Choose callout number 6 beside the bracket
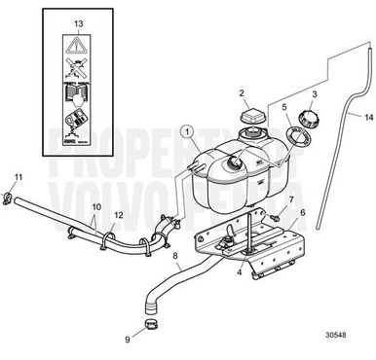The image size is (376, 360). [301, 212]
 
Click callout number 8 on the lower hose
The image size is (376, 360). [175, 259]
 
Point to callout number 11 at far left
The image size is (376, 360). [18, 176]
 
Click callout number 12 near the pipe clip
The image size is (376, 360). [118, 215]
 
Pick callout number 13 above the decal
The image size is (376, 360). [79, 21]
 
